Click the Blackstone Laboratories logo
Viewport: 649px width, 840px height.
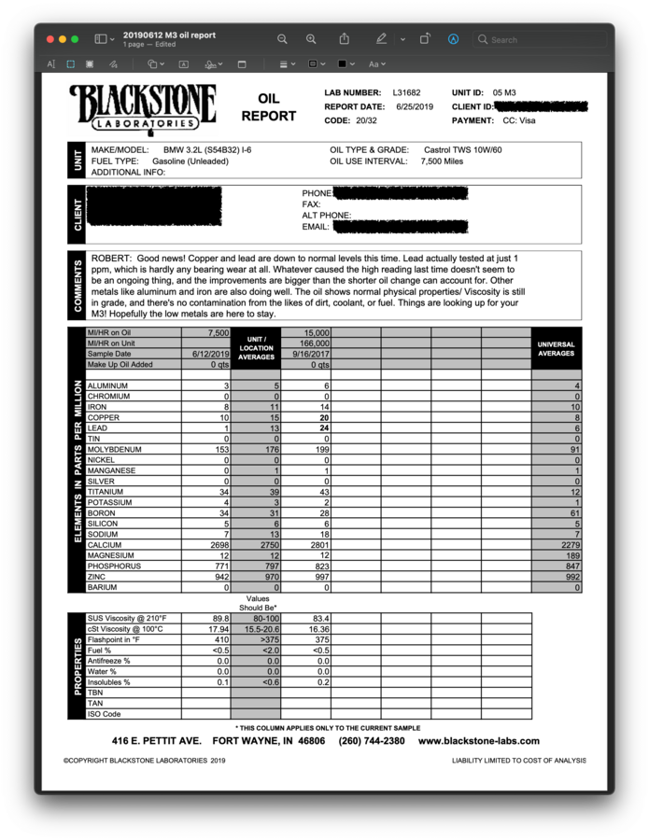click(x=142, y=107)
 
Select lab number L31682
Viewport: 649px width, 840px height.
click(x=406, y=93)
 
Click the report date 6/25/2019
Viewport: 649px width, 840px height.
click(x=415, y=107)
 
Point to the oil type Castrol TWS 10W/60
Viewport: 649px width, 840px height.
click(x=462, y=150)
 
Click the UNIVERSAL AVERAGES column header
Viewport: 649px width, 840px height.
click(x=556, y=349)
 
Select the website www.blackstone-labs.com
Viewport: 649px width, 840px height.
click(x=478, y=741)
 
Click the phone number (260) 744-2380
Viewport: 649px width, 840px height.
click(x=372, y=741)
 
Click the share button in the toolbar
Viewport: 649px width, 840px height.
click(x=345, y=39)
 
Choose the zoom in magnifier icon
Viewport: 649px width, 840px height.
click(x=311, y=39)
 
